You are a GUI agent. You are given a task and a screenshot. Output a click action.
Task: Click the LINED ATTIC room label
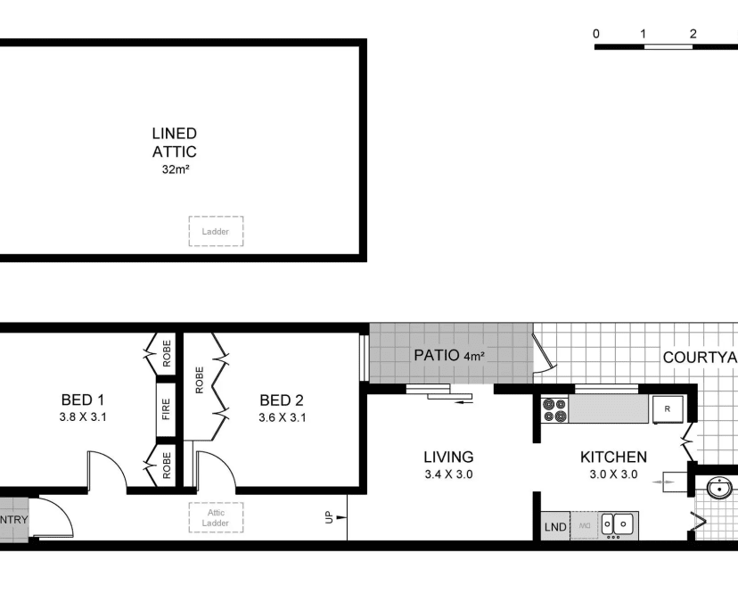click(174, 143)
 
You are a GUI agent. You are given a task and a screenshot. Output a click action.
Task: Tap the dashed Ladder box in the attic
click(216, 231)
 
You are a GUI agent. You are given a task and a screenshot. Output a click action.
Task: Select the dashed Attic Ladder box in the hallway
click(216, 518)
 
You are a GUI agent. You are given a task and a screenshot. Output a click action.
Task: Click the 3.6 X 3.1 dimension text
click(282, 416)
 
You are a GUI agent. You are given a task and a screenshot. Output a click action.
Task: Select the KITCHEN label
click(613, 457)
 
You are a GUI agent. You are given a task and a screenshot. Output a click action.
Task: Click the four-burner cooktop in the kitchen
click(555, 410)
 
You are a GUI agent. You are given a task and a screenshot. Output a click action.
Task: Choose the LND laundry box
click(555, 527)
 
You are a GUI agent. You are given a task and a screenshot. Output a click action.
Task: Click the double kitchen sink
click(617, 525)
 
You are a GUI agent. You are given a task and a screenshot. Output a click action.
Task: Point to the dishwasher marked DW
click(585, 527)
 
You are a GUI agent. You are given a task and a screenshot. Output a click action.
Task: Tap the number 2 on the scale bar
click(693, 34)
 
